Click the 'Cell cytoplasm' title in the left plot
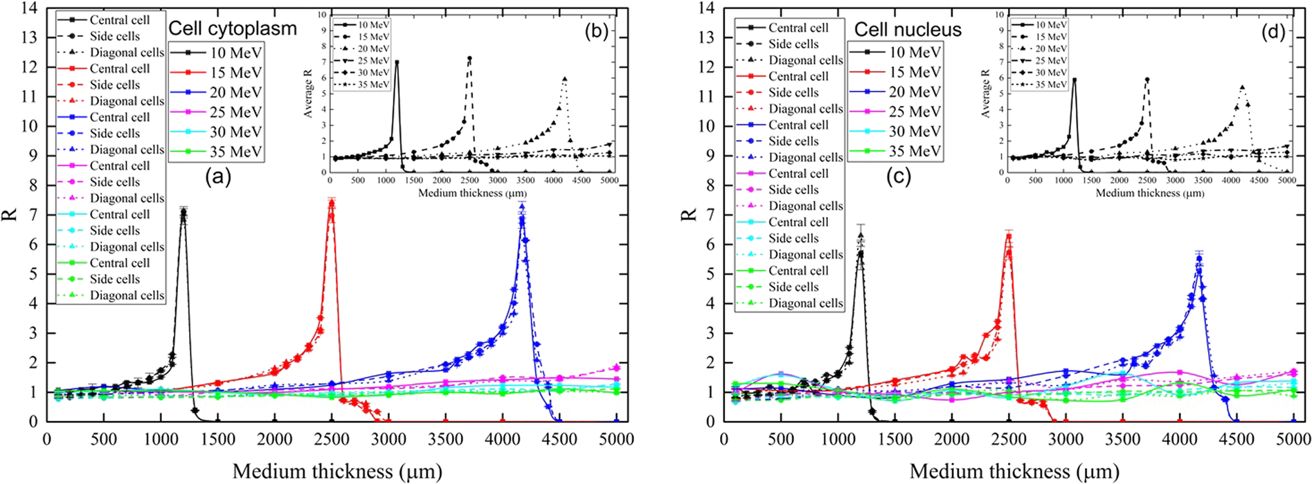[233, 28]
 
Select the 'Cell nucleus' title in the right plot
[908, 29]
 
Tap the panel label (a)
[217, 177]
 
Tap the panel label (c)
[898, 177]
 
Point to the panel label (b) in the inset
[596, 31]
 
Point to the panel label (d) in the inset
[1273, 31]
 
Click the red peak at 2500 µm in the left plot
[331, 203]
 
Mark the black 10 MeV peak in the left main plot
[183, 210]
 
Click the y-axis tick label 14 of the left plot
[28, 8]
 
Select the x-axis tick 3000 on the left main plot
[388, 439]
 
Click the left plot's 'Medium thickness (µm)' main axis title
[337, 472]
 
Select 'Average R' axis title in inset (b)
[308, 94]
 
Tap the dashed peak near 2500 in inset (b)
[469, 59]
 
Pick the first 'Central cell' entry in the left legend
[119, 20]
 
